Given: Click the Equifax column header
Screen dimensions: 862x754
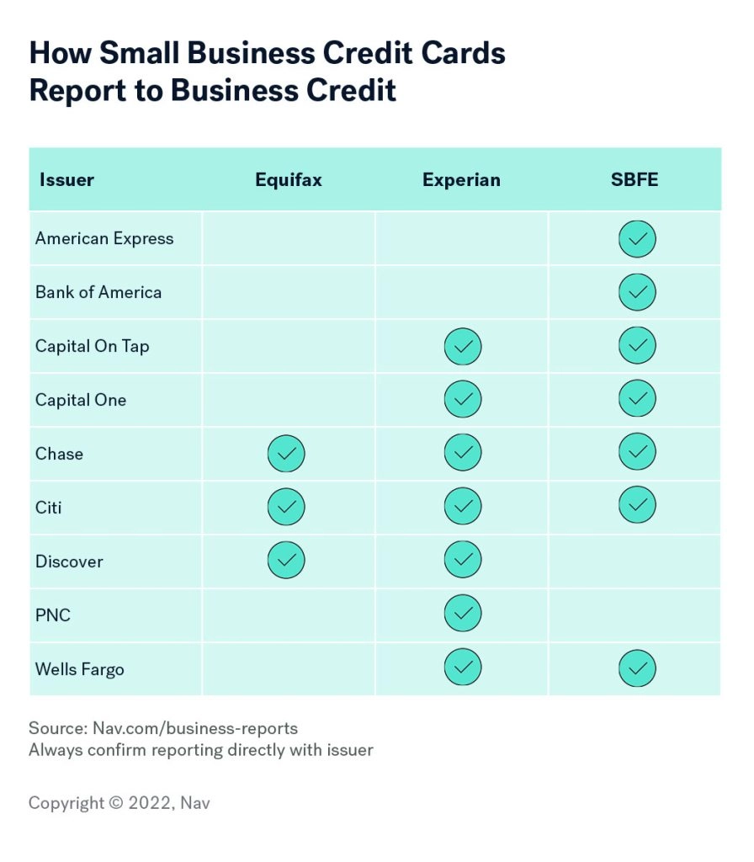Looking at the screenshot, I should coord(288,179).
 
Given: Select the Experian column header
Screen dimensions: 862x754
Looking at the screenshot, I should coord(461,179).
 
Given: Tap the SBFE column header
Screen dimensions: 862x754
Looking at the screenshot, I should coord(635,179).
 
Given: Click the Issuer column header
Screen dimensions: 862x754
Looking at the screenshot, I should coord(66,179).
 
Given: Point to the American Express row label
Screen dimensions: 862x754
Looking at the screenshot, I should coord(104,238).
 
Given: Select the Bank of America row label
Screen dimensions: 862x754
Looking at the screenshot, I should coord(98,292).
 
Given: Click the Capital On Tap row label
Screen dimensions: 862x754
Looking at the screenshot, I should coord(93,346).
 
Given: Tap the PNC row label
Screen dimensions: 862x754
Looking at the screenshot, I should coord(53,615).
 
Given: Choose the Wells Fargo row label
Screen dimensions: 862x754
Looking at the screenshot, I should coord(80,669).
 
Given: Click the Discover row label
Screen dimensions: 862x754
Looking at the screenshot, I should coord(69,561).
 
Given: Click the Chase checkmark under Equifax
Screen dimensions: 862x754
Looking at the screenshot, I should coord(286,454).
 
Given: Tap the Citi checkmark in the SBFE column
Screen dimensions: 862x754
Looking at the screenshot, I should coord(637,506).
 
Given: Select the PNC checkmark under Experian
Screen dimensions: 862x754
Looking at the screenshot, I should coord(463,614).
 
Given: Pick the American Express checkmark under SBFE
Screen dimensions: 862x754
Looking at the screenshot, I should coord(637,240).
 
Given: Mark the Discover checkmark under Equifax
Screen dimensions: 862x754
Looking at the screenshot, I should coord(286,560).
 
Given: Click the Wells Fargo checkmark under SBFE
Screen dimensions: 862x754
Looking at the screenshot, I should coord(637,669).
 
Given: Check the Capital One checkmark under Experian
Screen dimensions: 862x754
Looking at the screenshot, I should coord(463,399).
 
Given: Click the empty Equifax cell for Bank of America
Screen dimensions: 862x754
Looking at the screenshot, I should coord(288,292).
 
